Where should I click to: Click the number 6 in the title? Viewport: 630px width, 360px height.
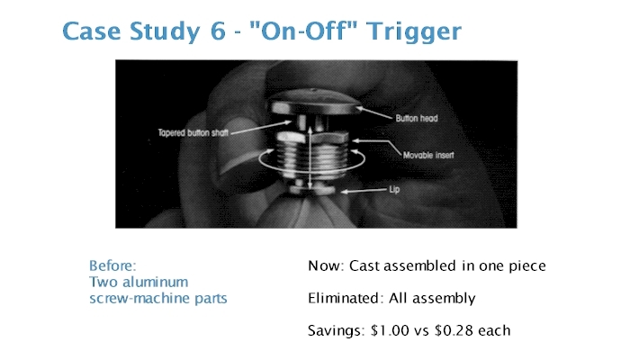[218, 31]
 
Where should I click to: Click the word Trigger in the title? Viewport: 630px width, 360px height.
[414, 32]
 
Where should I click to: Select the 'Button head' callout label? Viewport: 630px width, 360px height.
[416, 119]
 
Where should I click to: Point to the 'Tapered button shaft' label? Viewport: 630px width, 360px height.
[193, 132]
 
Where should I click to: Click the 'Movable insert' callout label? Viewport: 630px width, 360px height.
[428, 155]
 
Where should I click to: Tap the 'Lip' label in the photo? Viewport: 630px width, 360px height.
[394, 189]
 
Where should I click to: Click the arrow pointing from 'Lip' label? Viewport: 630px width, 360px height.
[364, 191]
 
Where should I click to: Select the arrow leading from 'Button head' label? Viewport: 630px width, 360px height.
[373, 112]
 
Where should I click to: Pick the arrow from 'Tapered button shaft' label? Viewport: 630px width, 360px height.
[261, 127]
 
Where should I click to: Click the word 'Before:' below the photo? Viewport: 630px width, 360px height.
[112, 265]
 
